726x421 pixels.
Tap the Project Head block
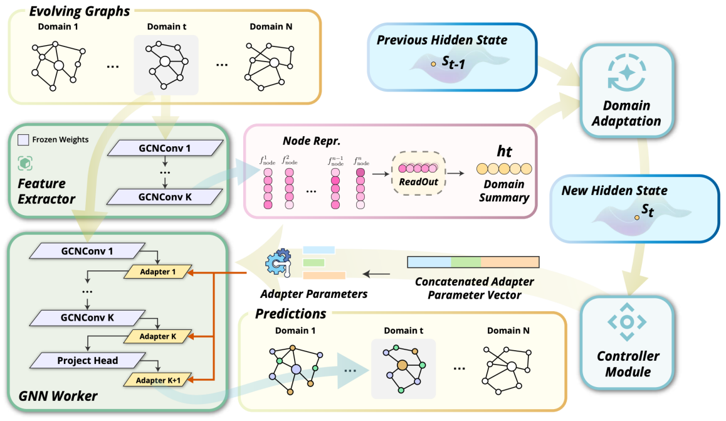click(88, 361)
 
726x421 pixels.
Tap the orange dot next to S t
click(636, 217)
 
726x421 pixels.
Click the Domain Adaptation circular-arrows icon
click(626, 73)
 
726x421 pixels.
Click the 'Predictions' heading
click(290, 313)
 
